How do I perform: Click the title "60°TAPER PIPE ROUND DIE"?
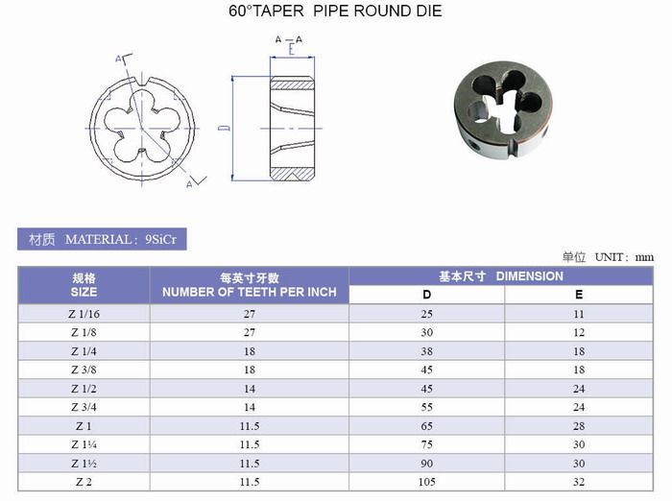tap(335, 12)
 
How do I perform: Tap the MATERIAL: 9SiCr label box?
tap(102, 239)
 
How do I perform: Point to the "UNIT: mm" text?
tap(624, 257)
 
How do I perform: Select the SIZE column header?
tap(84, 285)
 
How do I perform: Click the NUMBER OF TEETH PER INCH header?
tap(250, 285)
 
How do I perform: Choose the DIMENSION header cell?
tap(501, 276)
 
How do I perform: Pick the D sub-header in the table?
tap(427, 295)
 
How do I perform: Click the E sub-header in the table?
tap(579, 295)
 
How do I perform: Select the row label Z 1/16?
tap(84, 314)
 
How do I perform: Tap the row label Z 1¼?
tap(84, 445)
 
